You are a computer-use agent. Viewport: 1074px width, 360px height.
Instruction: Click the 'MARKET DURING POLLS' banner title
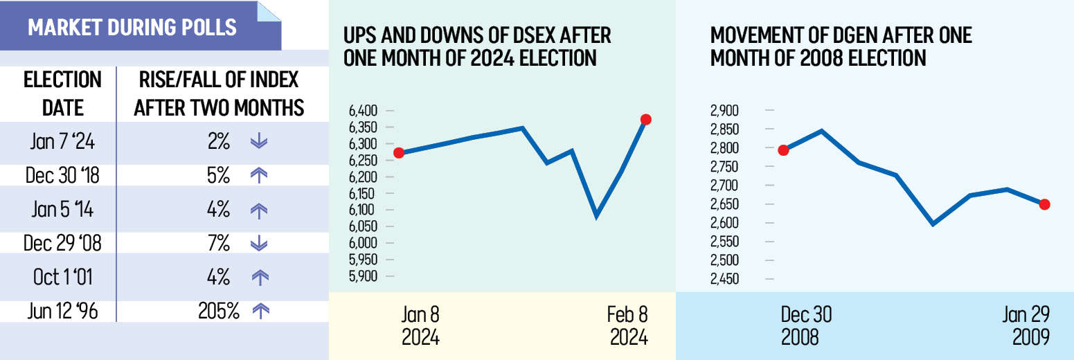coord(132,27)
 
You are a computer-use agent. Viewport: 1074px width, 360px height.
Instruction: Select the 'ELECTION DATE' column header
coord(62,93)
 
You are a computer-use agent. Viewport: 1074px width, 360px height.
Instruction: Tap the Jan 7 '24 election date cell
coord(62,142)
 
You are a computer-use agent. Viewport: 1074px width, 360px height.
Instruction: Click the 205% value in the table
coord(219,312)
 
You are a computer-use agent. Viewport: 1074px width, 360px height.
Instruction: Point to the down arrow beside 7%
coord(258,244)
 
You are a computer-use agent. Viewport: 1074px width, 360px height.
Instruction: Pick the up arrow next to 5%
coord(258,176)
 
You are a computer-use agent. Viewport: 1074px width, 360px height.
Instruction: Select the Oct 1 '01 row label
coord(62,278)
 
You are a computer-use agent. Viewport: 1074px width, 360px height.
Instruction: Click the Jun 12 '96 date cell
coord(62,312)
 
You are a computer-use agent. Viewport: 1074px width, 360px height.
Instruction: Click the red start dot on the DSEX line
coord(399,153)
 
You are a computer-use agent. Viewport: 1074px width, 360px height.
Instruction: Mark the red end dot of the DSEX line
coord(646,119)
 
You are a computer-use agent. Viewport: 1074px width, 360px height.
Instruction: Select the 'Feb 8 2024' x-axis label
coord(628,326)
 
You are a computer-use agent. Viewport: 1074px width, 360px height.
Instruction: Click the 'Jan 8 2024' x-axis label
coord(420,326)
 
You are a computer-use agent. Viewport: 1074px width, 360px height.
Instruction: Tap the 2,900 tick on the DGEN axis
coord(725,111)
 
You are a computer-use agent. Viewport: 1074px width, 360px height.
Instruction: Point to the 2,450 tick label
coord(725,279)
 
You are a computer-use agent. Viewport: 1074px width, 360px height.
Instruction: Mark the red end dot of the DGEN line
coord(1045,204)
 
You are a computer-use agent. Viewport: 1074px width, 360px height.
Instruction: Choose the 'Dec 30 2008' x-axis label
coord(806,326)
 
